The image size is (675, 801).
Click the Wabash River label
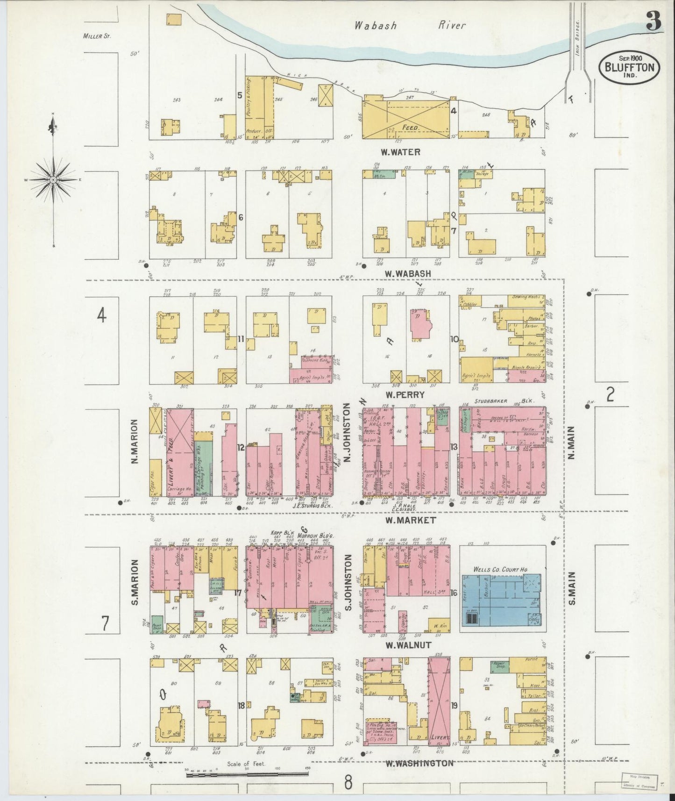click(x=409, y=26)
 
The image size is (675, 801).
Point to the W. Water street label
click(x=400, y=151)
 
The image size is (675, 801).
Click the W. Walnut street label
click(x=407, y=645)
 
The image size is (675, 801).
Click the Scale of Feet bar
click(x=247, y=774)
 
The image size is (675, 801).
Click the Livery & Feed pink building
click(x=180, y=451)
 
